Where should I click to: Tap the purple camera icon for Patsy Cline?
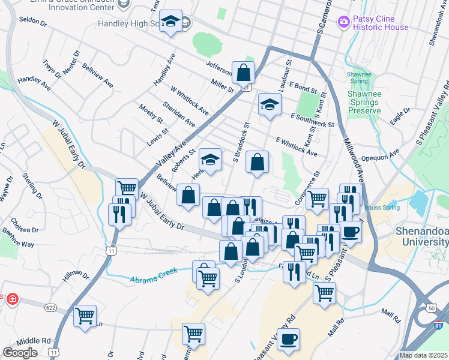click(x=344, y=22)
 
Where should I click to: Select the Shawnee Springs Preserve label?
click(x=364, y=102)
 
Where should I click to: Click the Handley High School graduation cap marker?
click(x=171, y=23)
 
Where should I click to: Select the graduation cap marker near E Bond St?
click(x=270, y=104)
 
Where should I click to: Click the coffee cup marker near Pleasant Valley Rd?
click(x=288, y=340)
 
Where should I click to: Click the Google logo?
click(x=20, y=352)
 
